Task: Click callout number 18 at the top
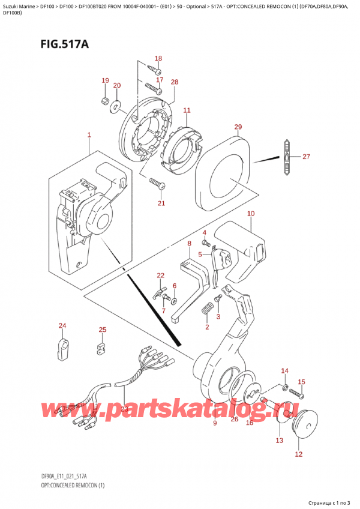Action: coord(158,58)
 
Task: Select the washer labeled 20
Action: coord(115,107)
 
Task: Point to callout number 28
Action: coord(174,82)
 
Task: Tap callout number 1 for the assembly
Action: coord(89,136)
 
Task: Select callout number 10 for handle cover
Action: coord(250,214)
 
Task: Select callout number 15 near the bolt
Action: coord(301,382)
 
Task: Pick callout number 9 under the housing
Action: coord(214,424)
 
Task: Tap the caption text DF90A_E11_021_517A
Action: coord(37,476)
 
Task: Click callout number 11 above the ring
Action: coord(187,110)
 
